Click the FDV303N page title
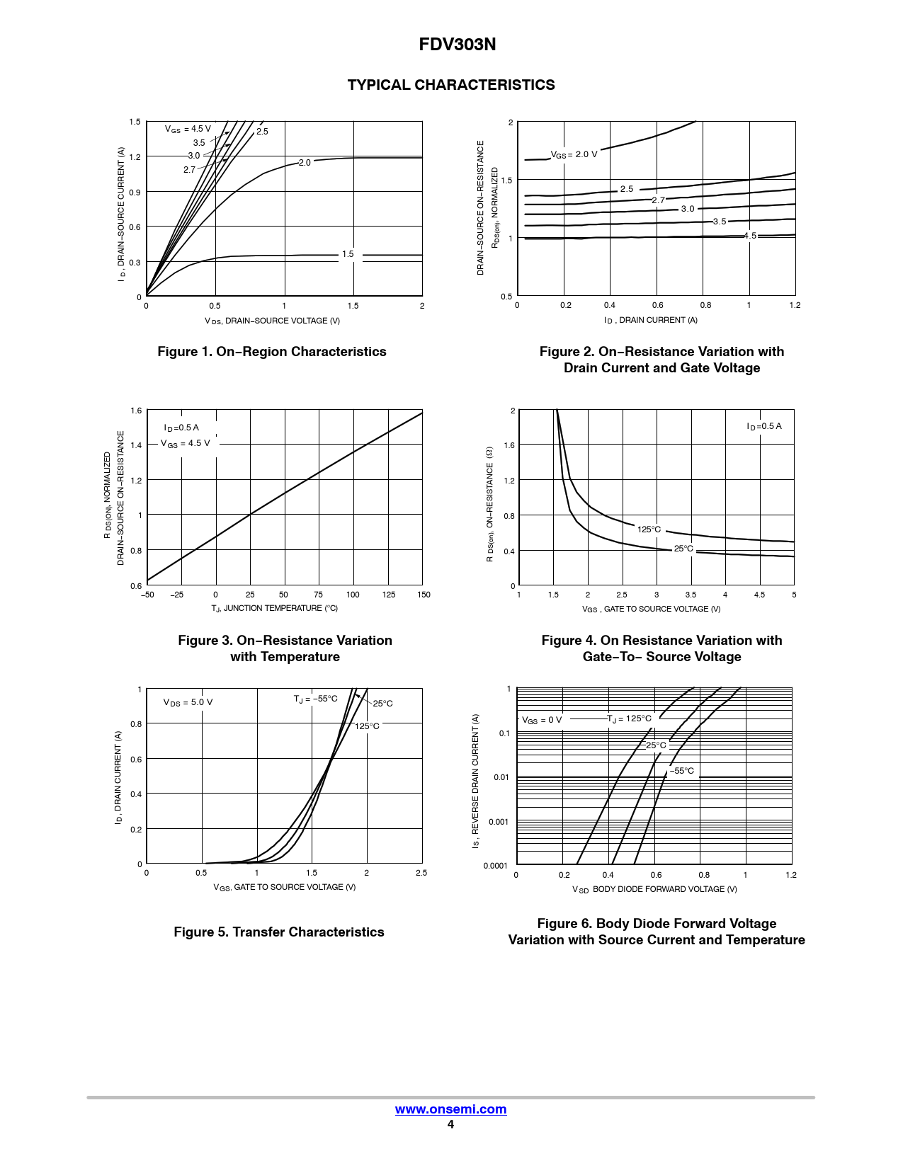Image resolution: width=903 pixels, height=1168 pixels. click(x=457, y=45)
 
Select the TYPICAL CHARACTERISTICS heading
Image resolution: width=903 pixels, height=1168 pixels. click(x=451, y=85)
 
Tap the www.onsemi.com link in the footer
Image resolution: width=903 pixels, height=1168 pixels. click(x=450, y=1109)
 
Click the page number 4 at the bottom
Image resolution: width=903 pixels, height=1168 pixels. click(x=450, y=1125)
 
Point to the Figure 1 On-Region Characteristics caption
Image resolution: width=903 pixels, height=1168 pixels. click(x=272, y=352)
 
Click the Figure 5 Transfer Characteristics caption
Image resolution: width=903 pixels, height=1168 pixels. click(x=279, y=932)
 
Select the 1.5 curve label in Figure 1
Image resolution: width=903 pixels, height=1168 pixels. click(x=348, y=254)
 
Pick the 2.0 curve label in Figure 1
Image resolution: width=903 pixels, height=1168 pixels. click(x=305, y=163)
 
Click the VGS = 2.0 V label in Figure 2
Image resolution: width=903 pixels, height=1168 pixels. click(x=574, y=154)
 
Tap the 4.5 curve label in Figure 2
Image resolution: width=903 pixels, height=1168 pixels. click(x=750, y=236)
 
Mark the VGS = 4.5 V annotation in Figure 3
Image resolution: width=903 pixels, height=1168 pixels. click(x=186, y=444)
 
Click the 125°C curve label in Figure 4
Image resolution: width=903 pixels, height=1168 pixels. click(x=649, y=529)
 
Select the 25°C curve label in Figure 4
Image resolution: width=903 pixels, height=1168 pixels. click(x=683, y=549)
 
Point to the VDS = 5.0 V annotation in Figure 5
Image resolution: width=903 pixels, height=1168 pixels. click(x=188, y=703)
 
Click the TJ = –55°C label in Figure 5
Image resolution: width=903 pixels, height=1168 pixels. click(x=316, y=699)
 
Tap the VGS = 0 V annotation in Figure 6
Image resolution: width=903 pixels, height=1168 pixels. click(x=542, y=721)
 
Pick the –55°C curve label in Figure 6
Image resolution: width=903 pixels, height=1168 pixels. click(x=683, y=771)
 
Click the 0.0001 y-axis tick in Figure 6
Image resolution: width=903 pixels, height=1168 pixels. click(x=495, y=866)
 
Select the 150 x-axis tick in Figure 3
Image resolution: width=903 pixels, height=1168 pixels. click(x=424, y=595)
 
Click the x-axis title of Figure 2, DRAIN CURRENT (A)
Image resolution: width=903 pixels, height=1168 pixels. click(x=651, y=321)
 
